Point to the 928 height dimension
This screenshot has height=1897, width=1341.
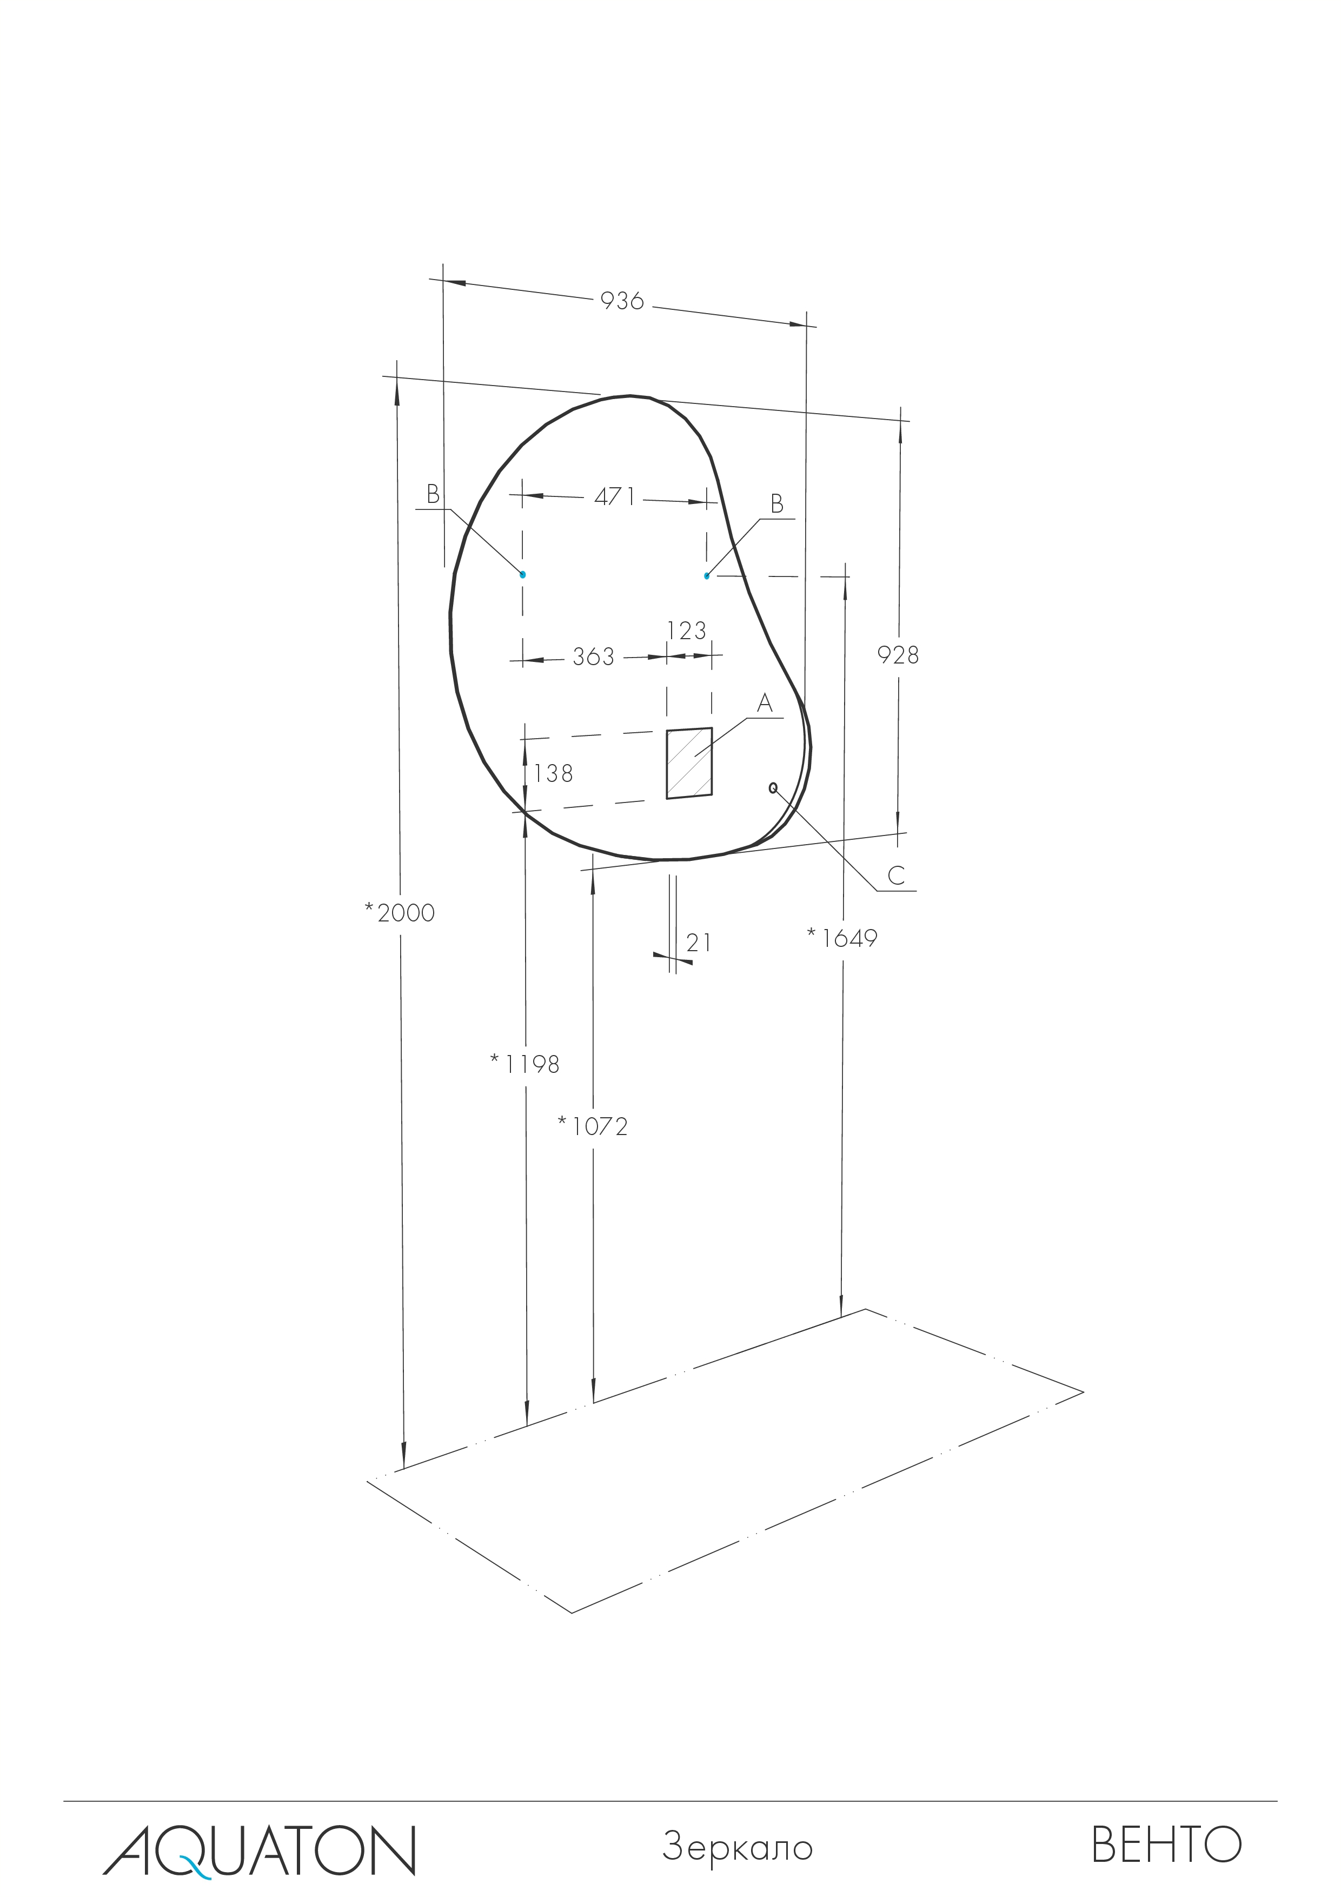898,655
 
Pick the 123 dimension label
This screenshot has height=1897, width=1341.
687,631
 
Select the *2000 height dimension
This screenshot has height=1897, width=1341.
400,912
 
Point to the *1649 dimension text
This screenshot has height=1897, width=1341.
842,938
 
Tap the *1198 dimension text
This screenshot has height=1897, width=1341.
525,1065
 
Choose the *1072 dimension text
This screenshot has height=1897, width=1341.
593,1126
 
